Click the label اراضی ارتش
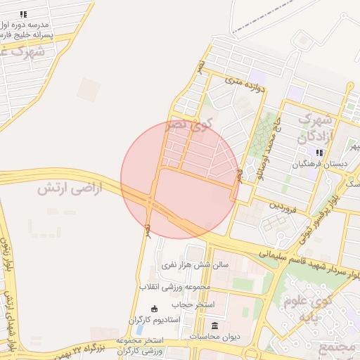(70, 188)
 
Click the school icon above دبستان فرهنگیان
(320, 153)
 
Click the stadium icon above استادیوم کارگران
(154, 308)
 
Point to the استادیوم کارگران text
(154, 320)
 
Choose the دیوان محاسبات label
(215, 336)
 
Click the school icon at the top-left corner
(23, 13)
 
